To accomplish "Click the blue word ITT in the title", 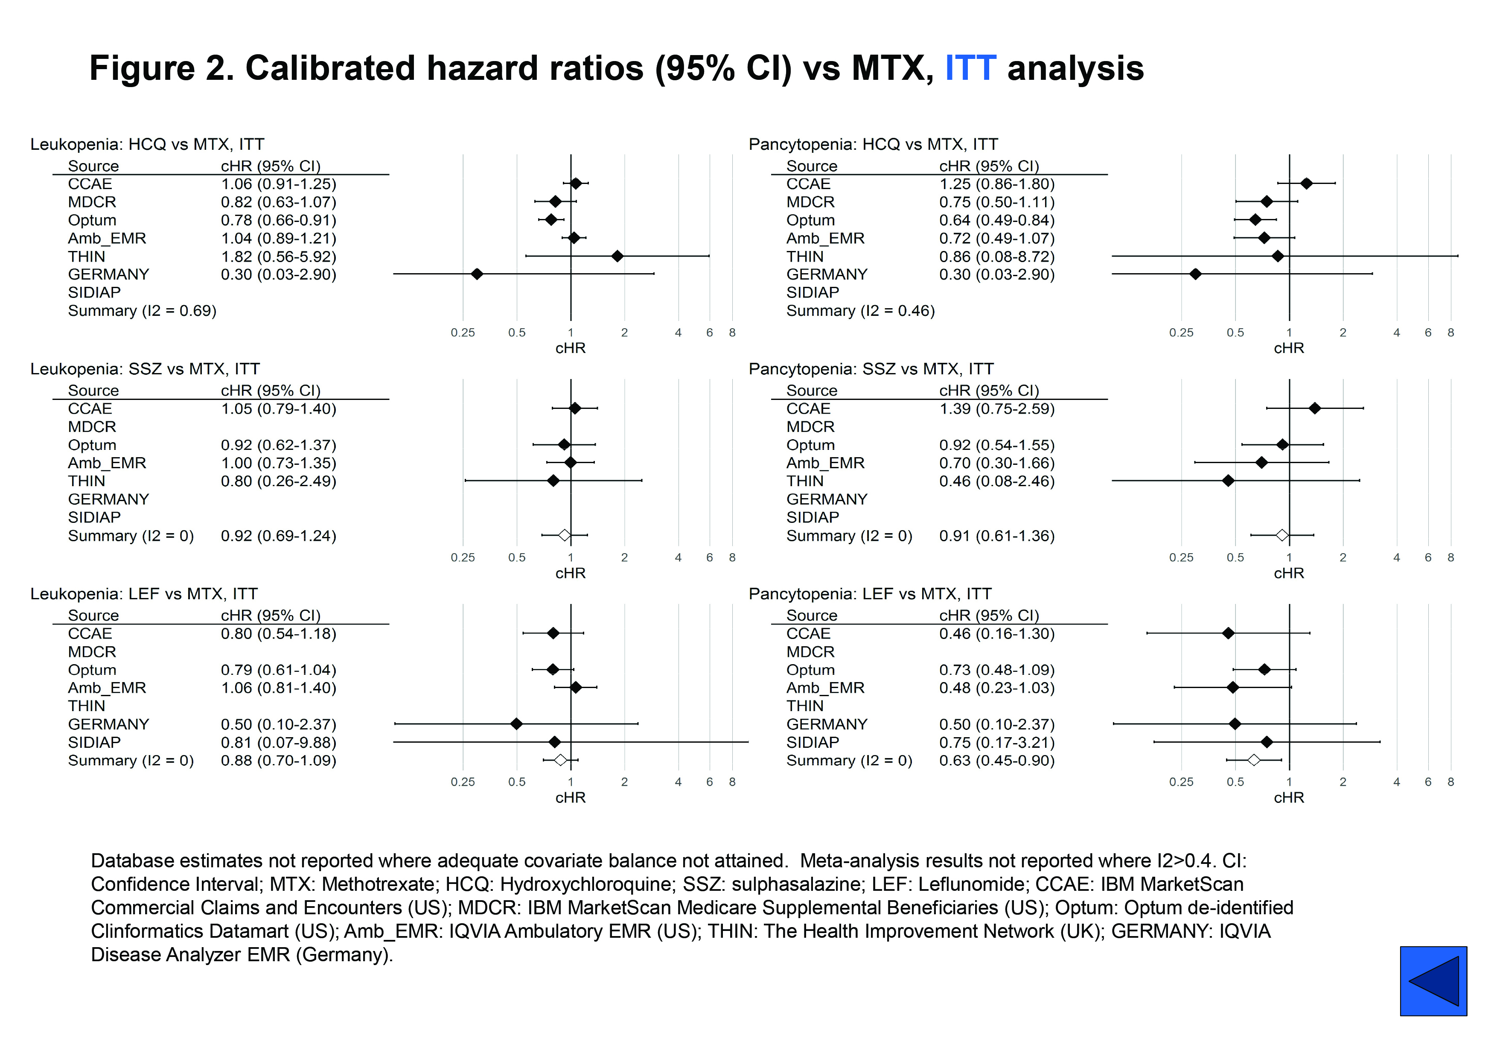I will point(970,68).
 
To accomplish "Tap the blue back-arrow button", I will point(1433,980).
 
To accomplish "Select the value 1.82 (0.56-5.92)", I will point(278,256).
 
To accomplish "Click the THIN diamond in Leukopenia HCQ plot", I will point(617,256).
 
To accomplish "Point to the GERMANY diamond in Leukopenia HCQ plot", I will point(477,274).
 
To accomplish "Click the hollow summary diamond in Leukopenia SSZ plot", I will point(565,535).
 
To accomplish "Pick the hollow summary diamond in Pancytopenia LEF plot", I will point(1253,760).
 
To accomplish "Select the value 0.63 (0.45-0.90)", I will point(996,760).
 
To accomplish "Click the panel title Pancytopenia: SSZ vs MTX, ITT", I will point(871,369).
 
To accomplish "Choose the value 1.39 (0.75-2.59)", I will point(996,409).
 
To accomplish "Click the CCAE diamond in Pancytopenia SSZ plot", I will point(1314,408).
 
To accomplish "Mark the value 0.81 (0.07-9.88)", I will point(278,742).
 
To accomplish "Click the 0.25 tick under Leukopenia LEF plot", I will point(463,782).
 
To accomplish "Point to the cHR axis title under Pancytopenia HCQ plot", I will point(1288,348).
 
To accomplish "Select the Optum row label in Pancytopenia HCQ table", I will point(810,220).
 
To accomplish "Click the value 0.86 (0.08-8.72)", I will point(996,256).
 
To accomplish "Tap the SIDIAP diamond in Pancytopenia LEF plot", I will point(1266,742).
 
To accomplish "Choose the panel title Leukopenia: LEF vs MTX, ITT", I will point(144,594).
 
